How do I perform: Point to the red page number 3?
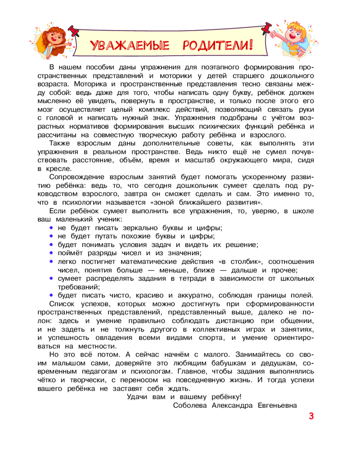tap(311, 416)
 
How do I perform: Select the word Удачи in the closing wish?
tap(138, 396)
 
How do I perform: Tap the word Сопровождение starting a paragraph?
tap(74, 177)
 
